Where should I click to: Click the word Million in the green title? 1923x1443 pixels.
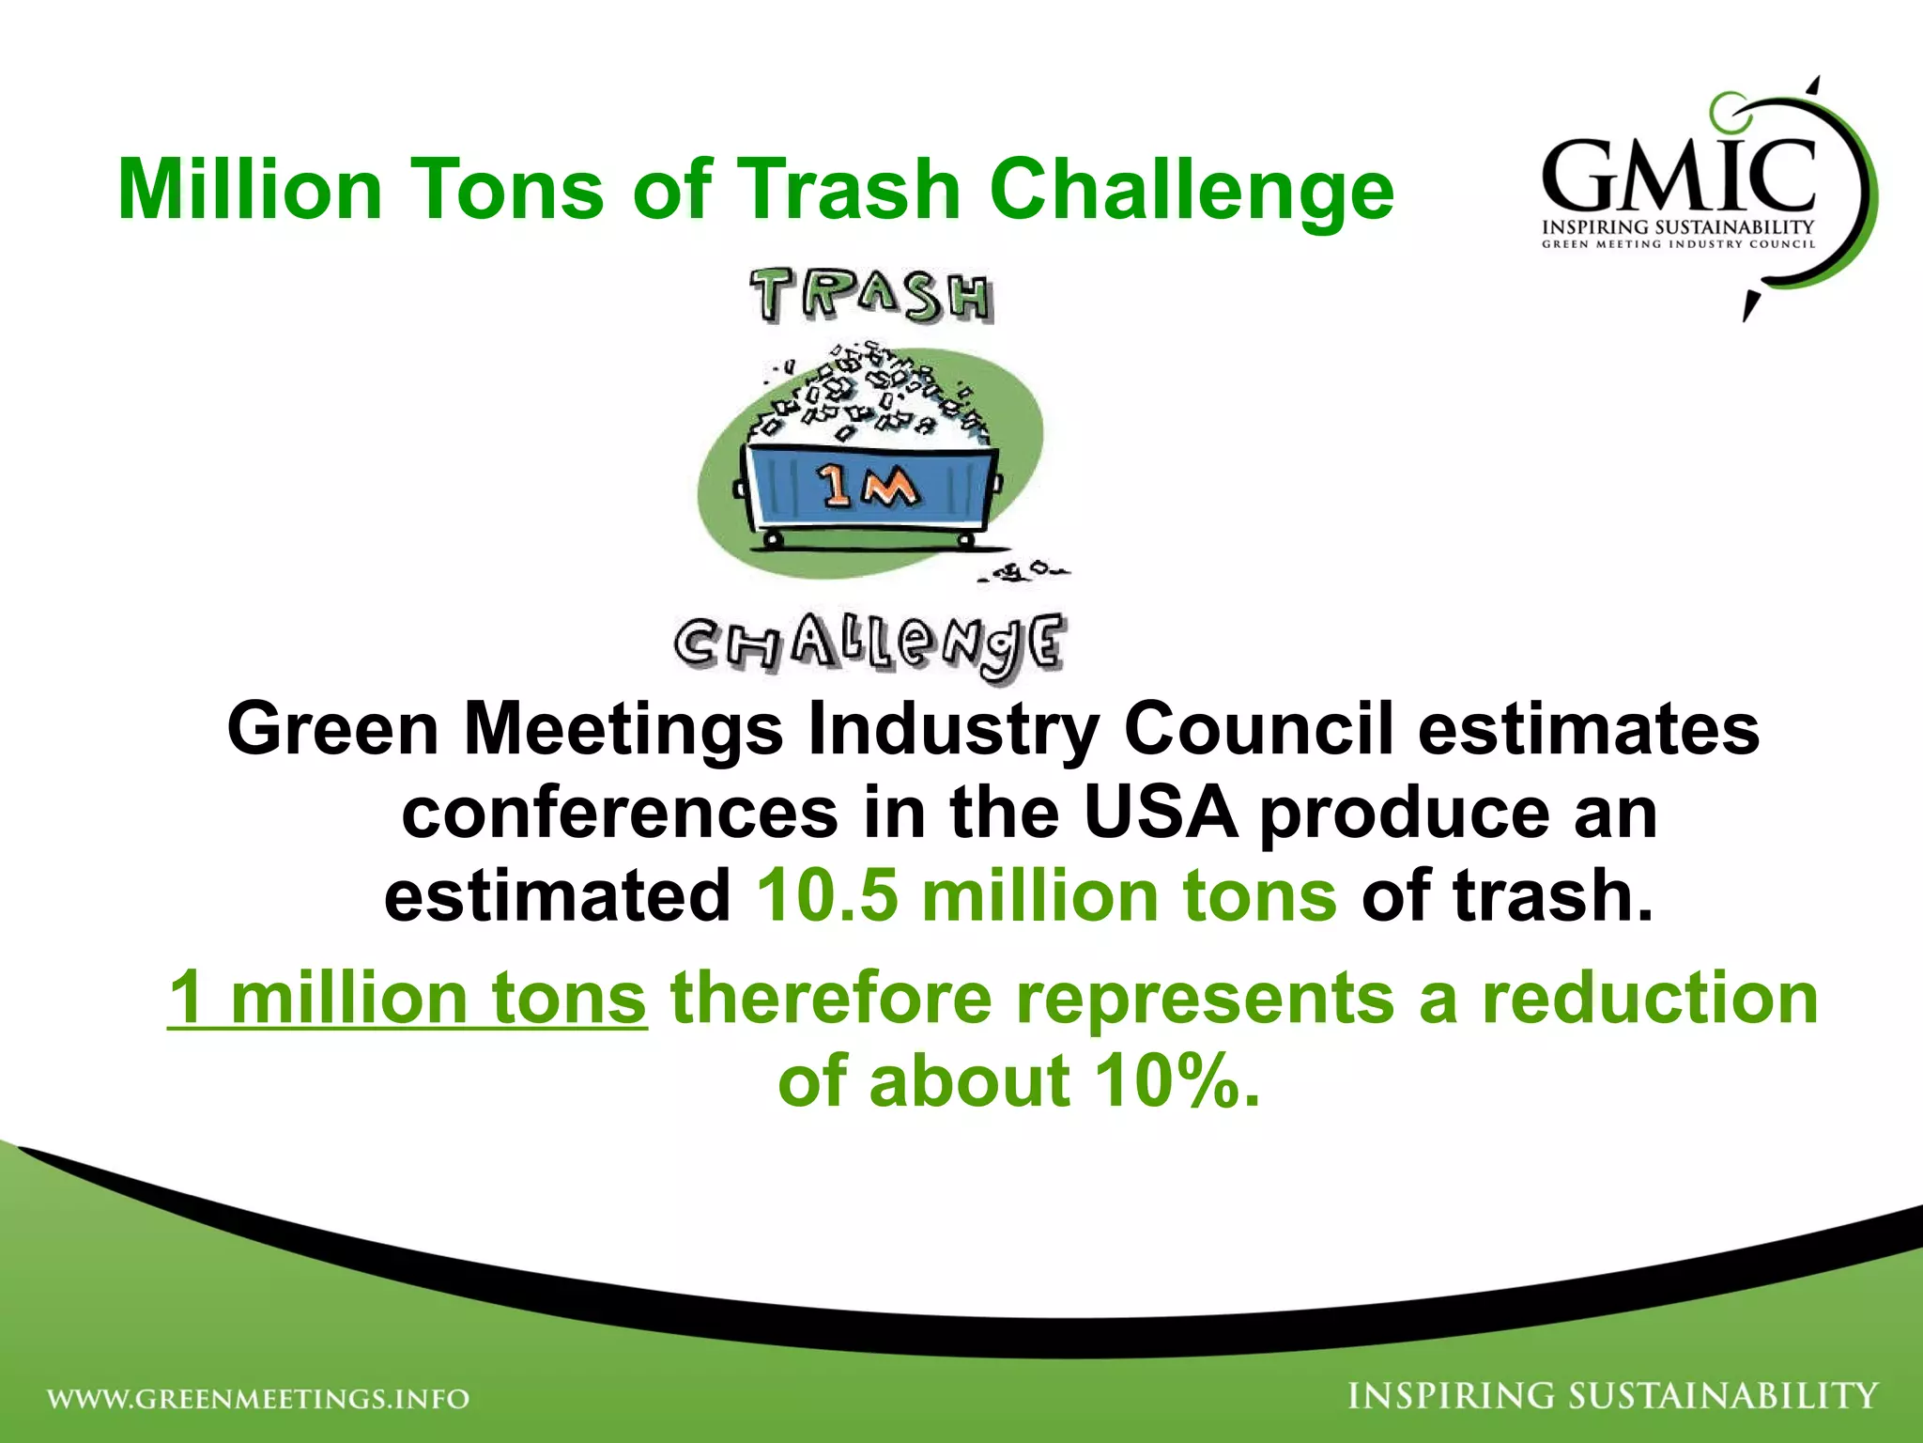click(250, 189)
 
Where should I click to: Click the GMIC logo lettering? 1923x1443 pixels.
click(1678, 176)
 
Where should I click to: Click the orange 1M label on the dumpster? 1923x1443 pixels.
click(867, 487)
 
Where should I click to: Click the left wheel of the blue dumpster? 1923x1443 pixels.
click(772, 539)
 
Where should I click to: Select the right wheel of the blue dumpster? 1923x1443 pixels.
click(964, 539)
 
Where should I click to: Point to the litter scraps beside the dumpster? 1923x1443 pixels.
click(1023, 570)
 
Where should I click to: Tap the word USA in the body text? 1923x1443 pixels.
click(1160, 813)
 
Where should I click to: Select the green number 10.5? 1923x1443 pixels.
click(827, 895)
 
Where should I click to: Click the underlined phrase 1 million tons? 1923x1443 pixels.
click(408, 998)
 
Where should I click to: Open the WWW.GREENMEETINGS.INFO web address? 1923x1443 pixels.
click(258, 1399)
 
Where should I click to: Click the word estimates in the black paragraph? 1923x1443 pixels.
click(1589, 729)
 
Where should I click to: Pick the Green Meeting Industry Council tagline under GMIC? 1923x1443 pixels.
click(1678, 244)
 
